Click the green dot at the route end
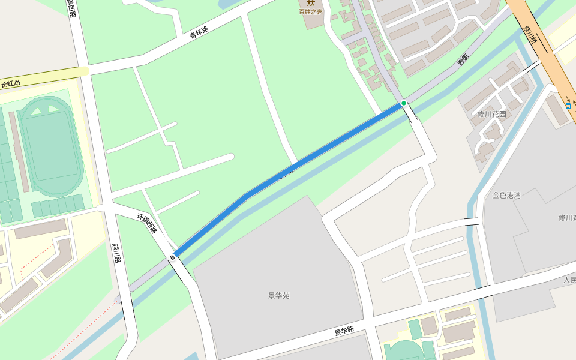click(x=404, y=103)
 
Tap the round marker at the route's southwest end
click(x=173, y=257)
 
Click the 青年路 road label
click(x=199, y=32)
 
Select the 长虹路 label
click(x=10, y=83)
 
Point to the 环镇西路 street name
click(x=147, y=223)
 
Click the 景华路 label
click(x=344, y=331)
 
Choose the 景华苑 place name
click(x=279, y=295)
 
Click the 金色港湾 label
click(x=506, y=195)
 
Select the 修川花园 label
click(x=492, y=114)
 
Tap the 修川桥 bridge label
click(x=530, y=34)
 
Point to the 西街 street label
click(x=463, y=59)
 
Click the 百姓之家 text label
click(x=311, y=11)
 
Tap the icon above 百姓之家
click(x=311, y=2)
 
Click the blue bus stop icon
click(x=568, y=106)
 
